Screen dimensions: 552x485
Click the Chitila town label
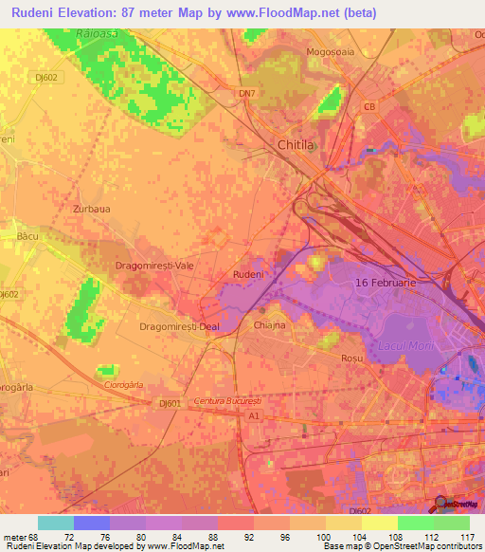(x=301, y=145)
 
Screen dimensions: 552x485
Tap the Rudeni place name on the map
(x=247, y=274)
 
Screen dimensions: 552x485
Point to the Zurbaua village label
(x=91, y=207)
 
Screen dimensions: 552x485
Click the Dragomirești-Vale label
(x=153, y=267)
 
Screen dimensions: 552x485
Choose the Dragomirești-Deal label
(x=179, y=326)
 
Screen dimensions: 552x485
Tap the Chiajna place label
(x=269, y=325)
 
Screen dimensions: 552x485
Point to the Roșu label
(x=351, y=359)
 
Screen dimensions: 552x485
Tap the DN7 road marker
(x=247, y=93)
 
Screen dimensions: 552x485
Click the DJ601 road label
(x=170, y=404)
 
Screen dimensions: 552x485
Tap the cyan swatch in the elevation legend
(x=56, y=523)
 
